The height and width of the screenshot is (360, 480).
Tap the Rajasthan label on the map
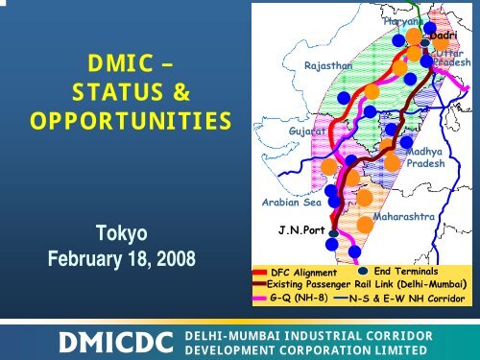tap(328, 65)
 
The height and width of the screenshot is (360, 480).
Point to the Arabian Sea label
tap(292, 203)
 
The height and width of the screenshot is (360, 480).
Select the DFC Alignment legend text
tap(303, 274)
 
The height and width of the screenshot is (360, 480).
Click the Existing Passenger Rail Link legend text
tap(367, 286)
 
